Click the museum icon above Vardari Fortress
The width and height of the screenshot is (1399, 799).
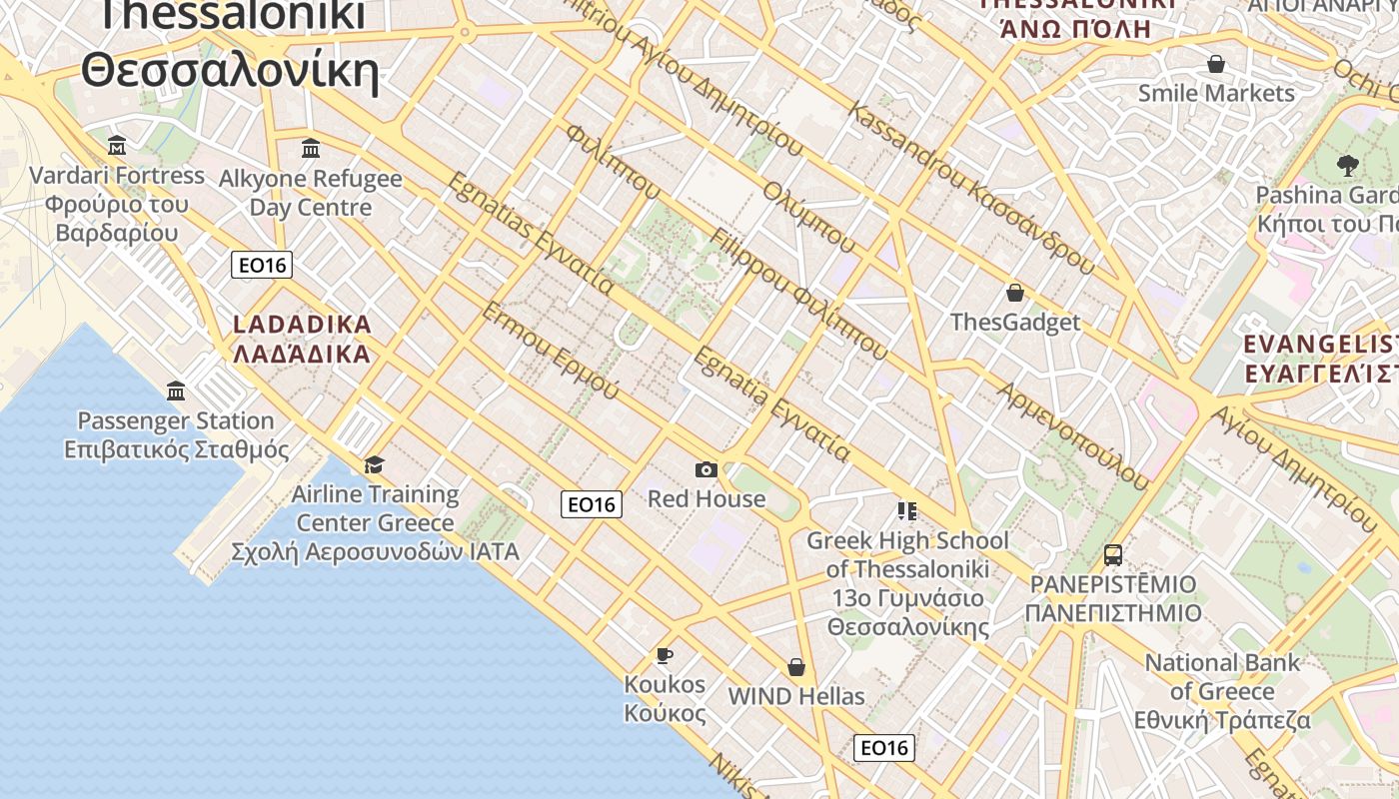pos(117,147)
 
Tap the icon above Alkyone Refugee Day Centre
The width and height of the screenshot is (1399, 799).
pos(311,149)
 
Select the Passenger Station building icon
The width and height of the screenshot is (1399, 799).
pos(176,391)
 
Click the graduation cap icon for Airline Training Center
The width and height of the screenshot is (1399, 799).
pos(375,464)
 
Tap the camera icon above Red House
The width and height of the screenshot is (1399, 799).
pos(706,469)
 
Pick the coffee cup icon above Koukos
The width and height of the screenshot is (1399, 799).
pos(665,655)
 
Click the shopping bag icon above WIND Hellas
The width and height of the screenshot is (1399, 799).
pos(796,666)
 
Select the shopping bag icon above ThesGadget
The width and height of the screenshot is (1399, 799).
pos(1015,293)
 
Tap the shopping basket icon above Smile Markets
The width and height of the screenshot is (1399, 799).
pos(1216,64)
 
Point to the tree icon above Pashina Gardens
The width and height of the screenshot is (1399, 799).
pos(1347,165)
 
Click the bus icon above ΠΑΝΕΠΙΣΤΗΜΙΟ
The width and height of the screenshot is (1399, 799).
pos(1113,554)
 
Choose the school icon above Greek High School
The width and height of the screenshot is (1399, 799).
pos(907,511)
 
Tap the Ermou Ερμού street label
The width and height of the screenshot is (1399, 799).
pos(551,351)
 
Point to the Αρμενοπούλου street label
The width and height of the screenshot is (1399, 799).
pos(1073,435)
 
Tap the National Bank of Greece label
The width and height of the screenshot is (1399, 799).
pos(1222,691)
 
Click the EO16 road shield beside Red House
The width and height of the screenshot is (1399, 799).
pos(591,504)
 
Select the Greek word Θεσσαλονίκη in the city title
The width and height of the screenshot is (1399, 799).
pos(230,72)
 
